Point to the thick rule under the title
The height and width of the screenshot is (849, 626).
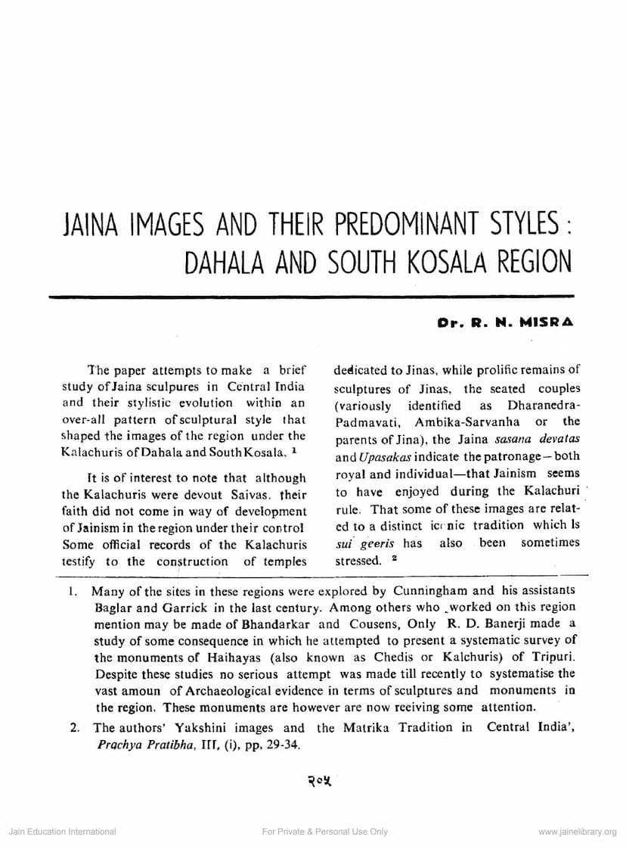[x=311, y=296]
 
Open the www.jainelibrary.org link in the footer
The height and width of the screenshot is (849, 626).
[x=578, y=832]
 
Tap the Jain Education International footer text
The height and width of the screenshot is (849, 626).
[x=62, y=832]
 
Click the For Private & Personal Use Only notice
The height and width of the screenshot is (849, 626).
[x=324, y=832]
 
